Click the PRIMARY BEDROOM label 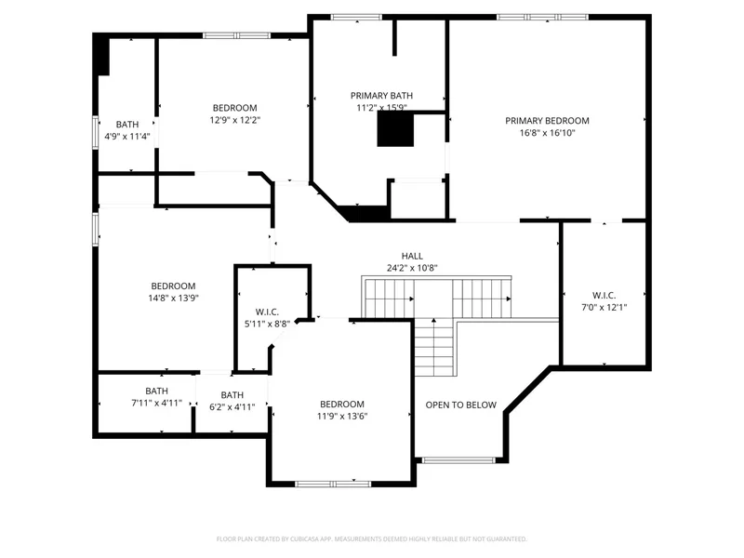click(547, 121)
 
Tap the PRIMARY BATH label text click(381, 96)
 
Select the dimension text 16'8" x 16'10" click(547, 133)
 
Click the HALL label click(412, 257)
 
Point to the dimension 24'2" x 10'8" click(412, 268)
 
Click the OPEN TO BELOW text click(460, 405)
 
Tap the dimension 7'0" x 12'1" click(604, 308)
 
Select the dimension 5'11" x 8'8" click(267, 324)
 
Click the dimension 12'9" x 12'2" click(235, 120)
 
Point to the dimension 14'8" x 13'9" click(173, 298)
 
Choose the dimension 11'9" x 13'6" click(342, 416)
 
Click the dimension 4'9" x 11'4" click(127, 137)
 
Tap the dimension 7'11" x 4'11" click(156, 403)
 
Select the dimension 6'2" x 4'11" click(232, 406)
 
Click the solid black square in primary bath click(395, 129)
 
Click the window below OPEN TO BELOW click(458, 459)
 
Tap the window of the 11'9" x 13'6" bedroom click(333, 484)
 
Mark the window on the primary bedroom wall click(543, 17)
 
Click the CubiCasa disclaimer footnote click(371, 539)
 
